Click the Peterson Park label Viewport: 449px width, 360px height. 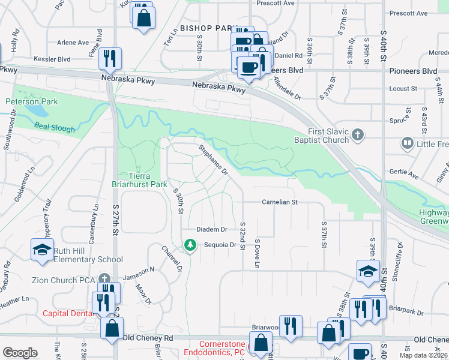click(32, 102)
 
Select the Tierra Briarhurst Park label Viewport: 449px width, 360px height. click(140, 180)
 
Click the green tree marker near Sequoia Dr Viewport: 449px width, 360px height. click(190, 245)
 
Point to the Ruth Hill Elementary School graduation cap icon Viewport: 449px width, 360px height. click(42, 250)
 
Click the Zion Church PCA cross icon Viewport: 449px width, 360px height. click(104, 278)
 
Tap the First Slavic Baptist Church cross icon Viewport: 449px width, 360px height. click(357, 134)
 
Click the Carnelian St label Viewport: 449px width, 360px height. click(280, 203)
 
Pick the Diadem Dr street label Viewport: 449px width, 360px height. click(212, 230)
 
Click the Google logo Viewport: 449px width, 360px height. click(20, 352)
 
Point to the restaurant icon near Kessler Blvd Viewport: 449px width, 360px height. click(110, 58)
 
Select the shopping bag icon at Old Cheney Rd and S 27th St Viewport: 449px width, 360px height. click(112, 329)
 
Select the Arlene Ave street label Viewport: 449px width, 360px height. click(73, 43)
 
